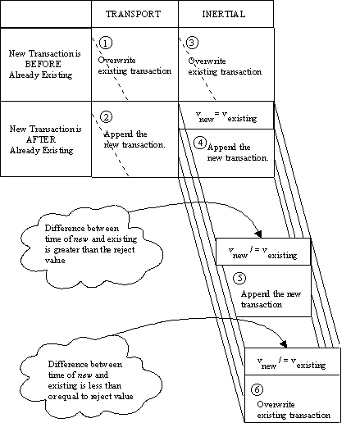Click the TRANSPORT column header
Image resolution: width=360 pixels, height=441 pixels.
tap(133, 14)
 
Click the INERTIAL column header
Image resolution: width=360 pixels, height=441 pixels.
tap(224, 14)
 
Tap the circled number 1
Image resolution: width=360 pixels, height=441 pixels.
tap(106, 43)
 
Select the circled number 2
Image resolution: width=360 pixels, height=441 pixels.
tap(106, 117)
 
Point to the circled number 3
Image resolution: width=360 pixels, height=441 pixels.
tap(192, 43)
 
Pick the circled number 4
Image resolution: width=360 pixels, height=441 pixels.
tap(200, 143)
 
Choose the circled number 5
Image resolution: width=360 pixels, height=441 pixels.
tap(239, 278)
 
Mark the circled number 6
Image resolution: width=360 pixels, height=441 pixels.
tap(257, 389)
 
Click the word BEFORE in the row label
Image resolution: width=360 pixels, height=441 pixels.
tap(43, 64)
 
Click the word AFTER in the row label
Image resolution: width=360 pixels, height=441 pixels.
tap(41, 139)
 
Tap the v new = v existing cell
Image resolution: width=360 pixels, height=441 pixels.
tap(226, 116)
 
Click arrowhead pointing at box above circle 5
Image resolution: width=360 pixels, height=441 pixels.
tap(258, 234)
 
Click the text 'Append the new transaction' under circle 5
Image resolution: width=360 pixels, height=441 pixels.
tap(271, 299)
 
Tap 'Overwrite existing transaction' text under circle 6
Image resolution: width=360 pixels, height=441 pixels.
tap(294, 410)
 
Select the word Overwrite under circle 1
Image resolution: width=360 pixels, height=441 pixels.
tap(116, 61)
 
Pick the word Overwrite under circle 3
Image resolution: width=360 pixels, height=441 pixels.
tap(207, 61)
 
